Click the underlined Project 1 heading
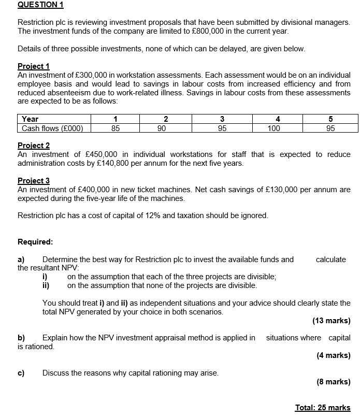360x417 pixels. click(34, 66)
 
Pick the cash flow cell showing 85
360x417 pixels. click(116, 128)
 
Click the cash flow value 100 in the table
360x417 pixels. click(273, 128)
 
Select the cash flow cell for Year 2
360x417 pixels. click(162, 128)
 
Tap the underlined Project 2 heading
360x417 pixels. click(34, 146)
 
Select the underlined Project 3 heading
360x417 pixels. click(34, 181)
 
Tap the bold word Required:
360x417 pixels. click(35, 241)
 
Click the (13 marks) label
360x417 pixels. click(332, 321)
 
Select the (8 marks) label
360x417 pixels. click(333, 382)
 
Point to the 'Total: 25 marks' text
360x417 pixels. click(322, 408)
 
